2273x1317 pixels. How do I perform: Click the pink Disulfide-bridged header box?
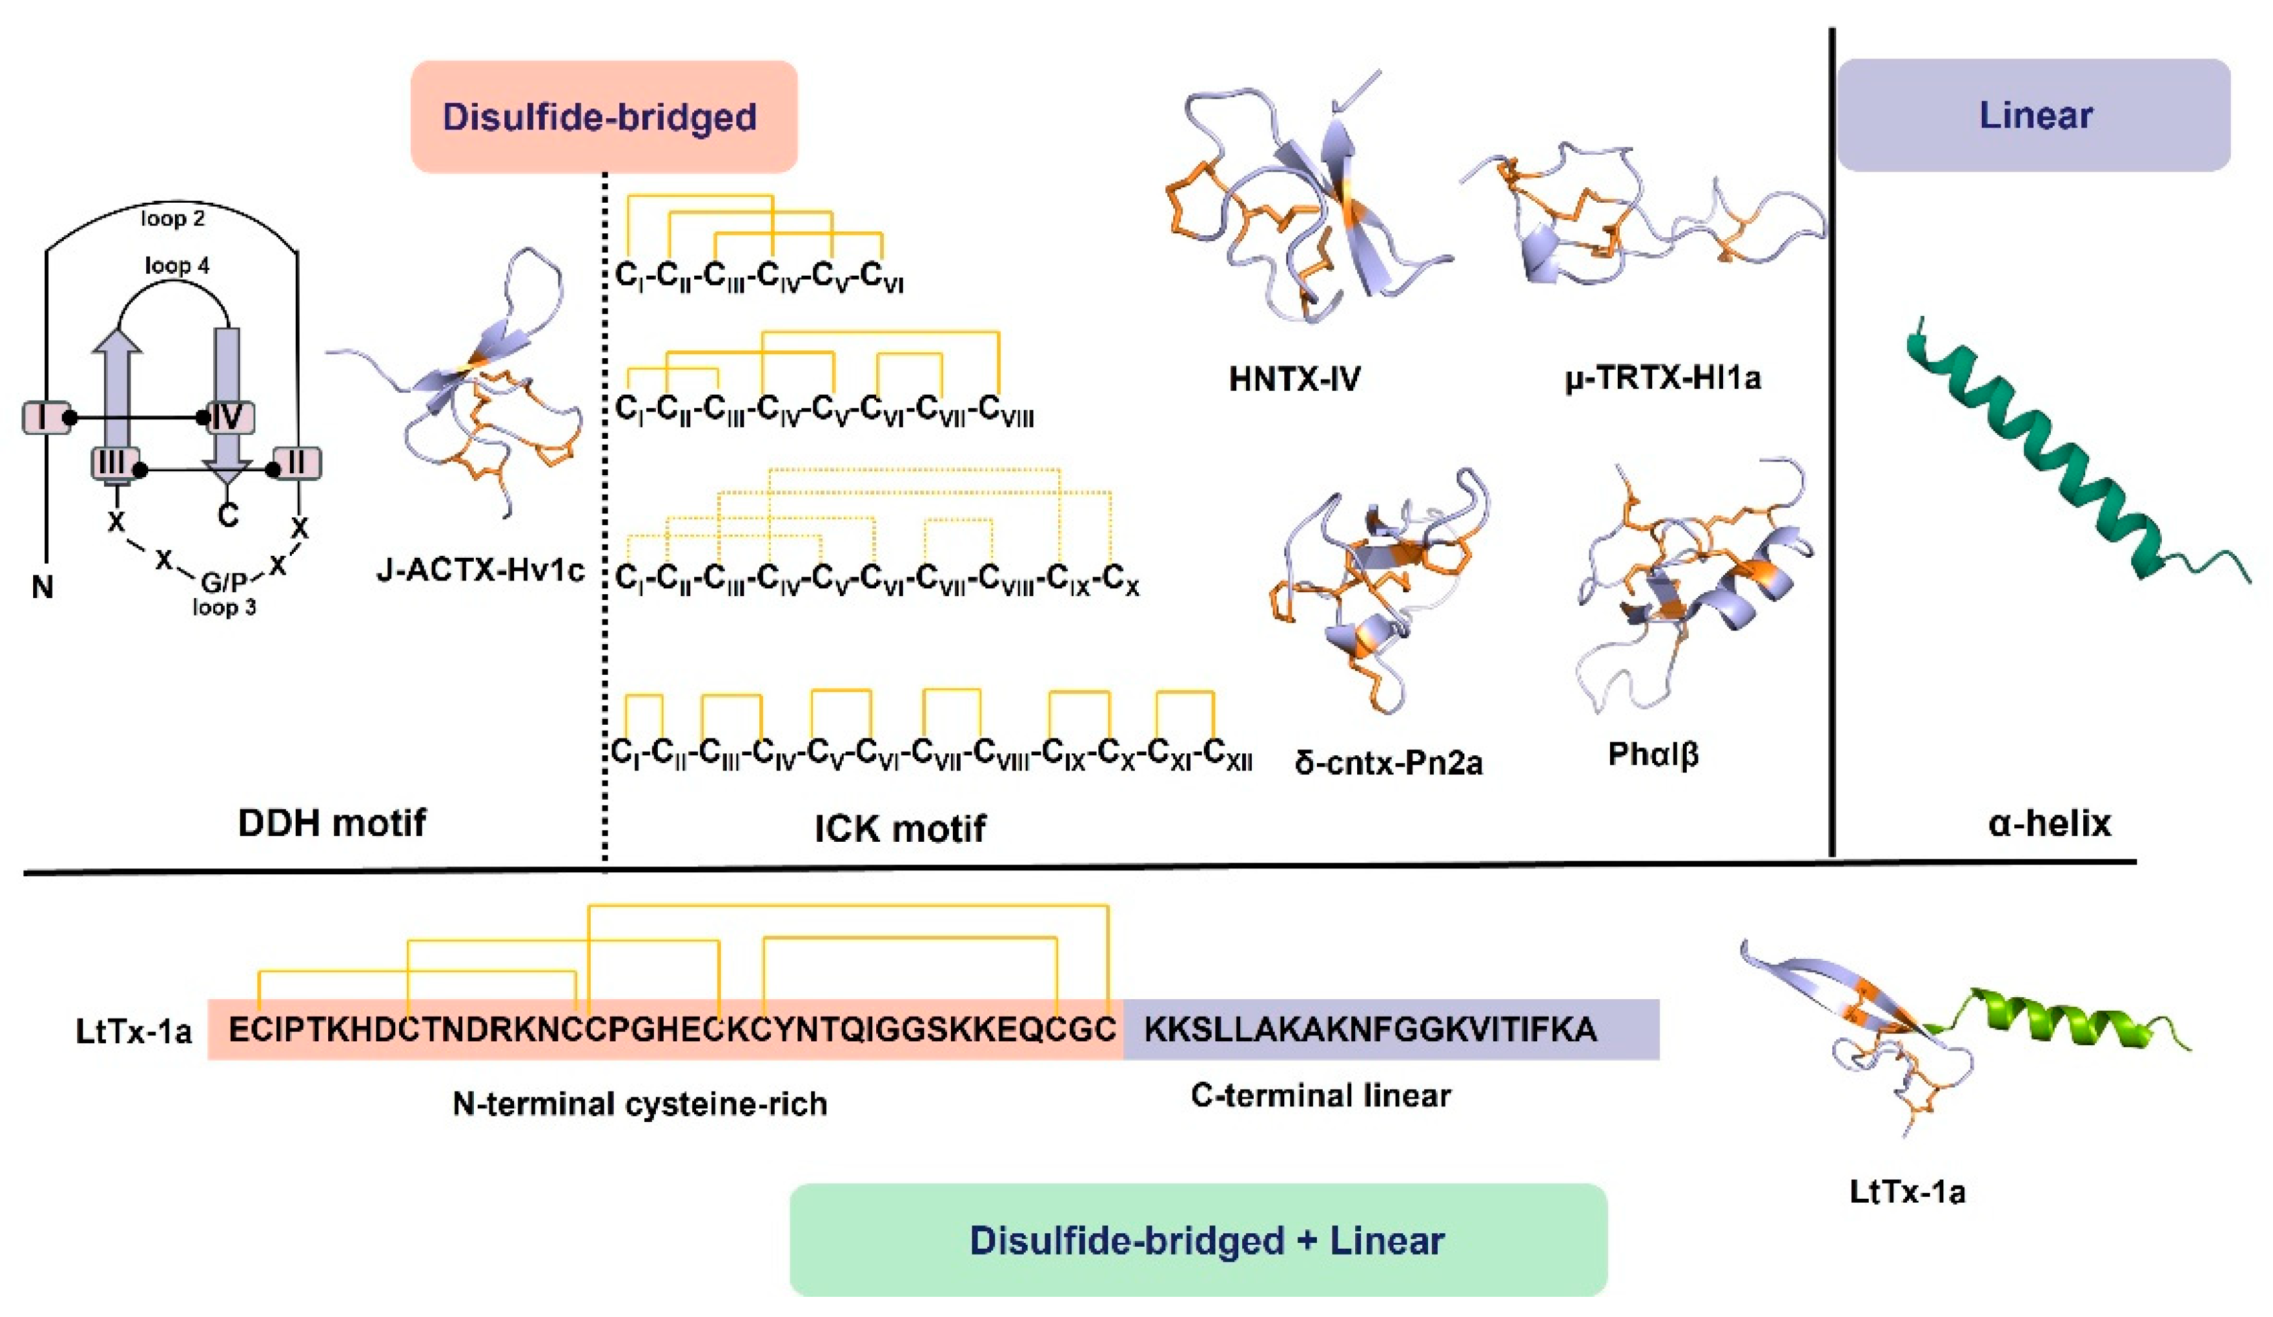click(603, 117)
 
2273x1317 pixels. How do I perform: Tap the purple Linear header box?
click(2034, 116)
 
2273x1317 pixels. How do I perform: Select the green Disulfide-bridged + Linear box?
click(1198, 1240)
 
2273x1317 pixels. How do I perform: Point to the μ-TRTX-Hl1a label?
click(1663, 377)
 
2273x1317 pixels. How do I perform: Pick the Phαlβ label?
click(1654, 754)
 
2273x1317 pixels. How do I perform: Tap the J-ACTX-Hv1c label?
click(480, 570)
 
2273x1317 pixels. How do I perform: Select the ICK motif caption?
click(900, 828)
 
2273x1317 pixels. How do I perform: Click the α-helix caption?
click(2049, 823)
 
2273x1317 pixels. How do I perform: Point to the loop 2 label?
click(172, 218)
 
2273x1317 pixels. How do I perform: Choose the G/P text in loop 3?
click(224, 582)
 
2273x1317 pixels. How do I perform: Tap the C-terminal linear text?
click(1321, 1096)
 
